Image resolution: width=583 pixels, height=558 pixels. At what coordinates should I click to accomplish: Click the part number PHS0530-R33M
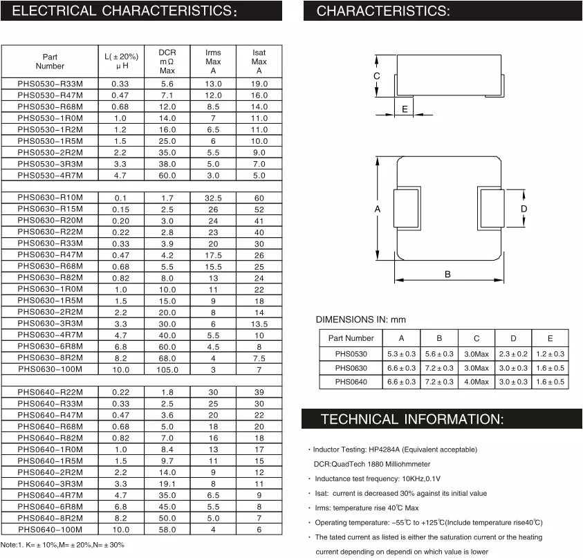coord(50,84)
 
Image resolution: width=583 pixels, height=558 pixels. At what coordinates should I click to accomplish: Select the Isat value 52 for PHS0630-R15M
coord(259,210)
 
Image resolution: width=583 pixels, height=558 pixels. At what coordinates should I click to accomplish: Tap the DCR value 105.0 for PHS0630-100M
coord(167,370)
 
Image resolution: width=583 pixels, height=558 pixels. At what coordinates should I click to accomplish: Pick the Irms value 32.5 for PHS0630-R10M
coord(213,198)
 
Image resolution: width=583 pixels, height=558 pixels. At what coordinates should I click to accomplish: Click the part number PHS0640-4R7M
coord(50,495)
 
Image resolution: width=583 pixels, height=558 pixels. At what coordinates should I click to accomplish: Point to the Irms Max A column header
coord(213,62)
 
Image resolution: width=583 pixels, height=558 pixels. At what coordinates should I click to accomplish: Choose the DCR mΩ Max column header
coord(167,62)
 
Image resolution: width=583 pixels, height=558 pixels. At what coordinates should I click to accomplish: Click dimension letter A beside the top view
coord(378,209)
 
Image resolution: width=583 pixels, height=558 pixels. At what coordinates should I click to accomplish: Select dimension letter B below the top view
coord(447,275)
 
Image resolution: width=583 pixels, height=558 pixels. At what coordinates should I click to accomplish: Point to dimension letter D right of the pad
coord(524,209)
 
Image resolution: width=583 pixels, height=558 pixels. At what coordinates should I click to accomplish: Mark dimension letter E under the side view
coord(405,109)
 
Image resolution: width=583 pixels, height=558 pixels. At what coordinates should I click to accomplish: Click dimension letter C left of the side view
coord(377,76)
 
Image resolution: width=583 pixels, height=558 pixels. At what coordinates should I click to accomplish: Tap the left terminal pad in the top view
coord(407,209)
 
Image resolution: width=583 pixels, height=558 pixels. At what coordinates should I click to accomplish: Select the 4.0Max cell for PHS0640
coord(476,382)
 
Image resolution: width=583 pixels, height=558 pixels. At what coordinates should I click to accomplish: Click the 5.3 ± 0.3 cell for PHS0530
coord(402,353)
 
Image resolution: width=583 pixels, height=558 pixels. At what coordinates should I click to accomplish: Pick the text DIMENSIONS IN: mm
coord(360,319)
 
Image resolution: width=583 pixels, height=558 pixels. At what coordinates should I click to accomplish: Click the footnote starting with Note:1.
coord(62,546)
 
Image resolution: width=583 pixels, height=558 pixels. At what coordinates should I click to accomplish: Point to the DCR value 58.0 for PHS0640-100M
coord(167,530)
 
